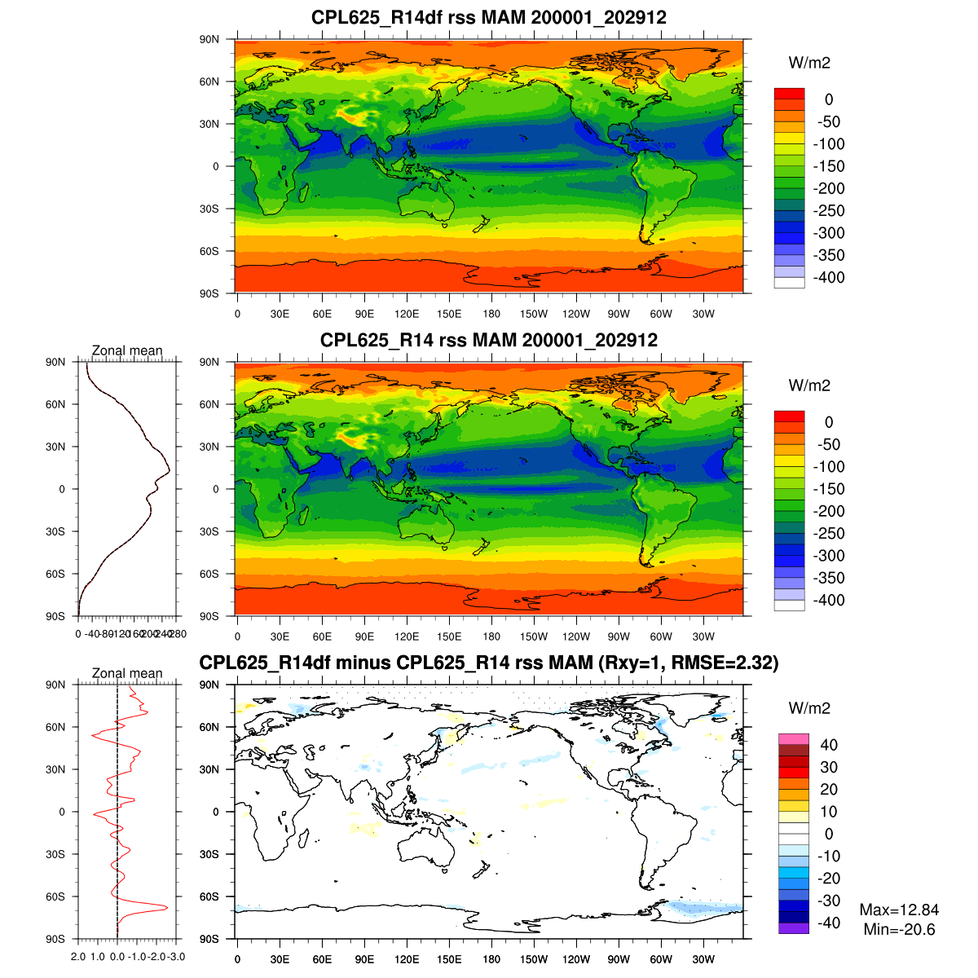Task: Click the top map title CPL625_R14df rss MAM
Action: (488, 17)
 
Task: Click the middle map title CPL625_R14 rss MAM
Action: (488, 340)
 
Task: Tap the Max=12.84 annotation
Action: (899, 910)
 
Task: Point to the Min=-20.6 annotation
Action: (899, 930)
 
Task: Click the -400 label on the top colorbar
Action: (829, 277)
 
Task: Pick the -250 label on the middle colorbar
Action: (829, 533)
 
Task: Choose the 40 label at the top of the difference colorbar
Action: (829, 745)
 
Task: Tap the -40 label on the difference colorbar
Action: (829, 923)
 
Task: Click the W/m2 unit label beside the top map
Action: (809, 63)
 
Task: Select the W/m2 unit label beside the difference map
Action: (809, 708)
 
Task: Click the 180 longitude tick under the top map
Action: (491, 315)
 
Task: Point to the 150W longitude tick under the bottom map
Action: (534, 960)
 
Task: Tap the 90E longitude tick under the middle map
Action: (364, 637)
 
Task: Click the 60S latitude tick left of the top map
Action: (209, 251)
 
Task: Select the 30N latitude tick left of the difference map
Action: (209, 769)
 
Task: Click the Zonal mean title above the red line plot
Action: (127, 673)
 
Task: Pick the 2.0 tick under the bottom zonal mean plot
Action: (78, 957)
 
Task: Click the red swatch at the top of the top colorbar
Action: (789, 94)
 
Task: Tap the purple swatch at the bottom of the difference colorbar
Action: (793, 928)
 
